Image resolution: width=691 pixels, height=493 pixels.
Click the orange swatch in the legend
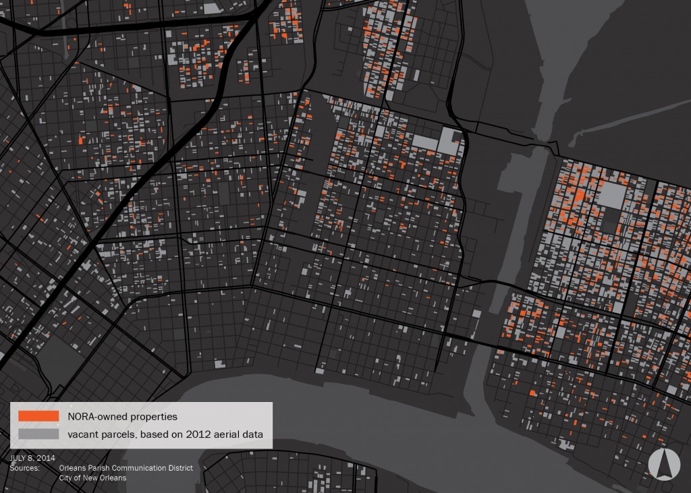tap(39, 416)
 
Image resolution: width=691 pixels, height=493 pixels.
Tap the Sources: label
tap(24, 467)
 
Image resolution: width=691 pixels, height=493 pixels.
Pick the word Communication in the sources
tap(141, 467)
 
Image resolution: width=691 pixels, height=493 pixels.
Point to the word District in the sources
tap(180, 467)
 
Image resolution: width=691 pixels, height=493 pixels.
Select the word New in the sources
tap(92, 477)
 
